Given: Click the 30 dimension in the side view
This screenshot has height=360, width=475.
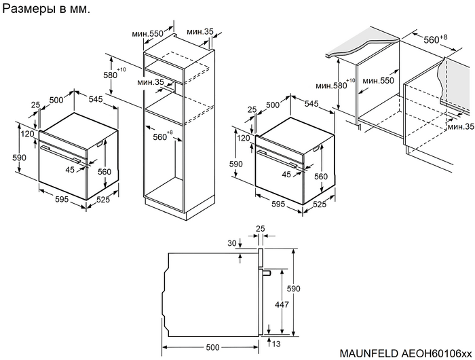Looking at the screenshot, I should tap(232, 243).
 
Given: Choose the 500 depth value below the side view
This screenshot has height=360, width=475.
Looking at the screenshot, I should tap(213, 347).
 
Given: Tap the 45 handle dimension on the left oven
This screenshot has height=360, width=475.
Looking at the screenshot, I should tap(69, 170).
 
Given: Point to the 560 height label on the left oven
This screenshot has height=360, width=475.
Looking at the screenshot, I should tap(104, 173).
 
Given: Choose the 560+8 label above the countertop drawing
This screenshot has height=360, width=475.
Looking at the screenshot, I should tap(435, 39).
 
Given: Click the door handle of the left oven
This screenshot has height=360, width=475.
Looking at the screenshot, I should tap(63, 154).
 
